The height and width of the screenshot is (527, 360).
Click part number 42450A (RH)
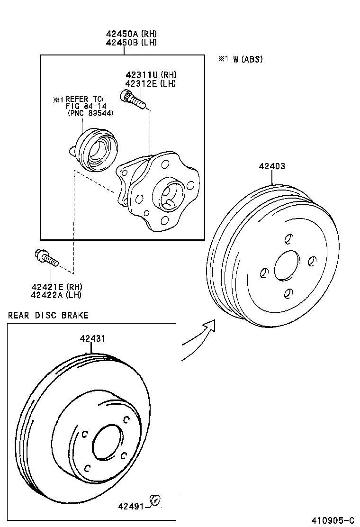[x=131, y=34]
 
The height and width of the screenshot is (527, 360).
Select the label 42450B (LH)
[x=131, y=42]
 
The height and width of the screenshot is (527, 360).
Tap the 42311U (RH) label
[x=151, y=75]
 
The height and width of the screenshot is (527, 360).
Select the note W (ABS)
[x=240, y=59]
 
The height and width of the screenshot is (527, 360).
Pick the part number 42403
[x=272, y=166]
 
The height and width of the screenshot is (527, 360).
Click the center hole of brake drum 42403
[x=287, y=265]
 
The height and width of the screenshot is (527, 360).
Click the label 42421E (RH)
[x=56, y=287]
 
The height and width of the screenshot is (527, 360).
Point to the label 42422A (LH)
[x=56, y=295]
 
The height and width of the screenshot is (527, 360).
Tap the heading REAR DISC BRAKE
[x=48, y=315]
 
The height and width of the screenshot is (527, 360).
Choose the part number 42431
[x=92, y=339]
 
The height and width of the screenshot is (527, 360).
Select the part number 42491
[x=131, y=506]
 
